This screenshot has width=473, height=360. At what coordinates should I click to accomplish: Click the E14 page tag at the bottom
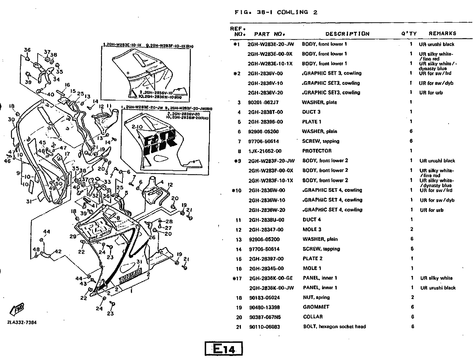pos(224,349)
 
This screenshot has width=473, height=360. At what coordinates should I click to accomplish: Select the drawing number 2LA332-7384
pos(22,322)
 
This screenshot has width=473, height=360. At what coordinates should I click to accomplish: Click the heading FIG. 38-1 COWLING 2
pos(276,12)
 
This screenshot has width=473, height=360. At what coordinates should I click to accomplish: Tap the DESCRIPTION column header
pos(347,34)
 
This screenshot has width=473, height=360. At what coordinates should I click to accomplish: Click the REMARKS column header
pos(442,33)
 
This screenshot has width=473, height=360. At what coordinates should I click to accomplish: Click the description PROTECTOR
pos(317,151)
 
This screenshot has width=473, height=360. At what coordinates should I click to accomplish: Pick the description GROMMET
pos(316,307)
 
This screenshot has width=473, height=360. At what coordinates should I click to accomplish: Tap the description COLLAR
pos(313,317)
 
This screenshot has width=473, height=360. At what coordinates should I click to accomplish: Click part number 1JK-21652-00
pos(265,151)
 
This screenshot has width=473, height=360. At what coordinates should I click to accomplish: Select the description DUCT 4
pos(312,220)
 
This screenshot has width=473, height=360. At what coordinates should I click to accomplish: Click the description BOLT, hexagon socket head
pos(334,327)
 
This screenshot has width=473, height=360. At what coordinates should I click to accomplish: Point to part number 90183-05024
pos(264,298)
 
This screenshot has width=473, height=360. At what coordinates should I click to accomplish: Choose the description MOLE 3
pos(312,230)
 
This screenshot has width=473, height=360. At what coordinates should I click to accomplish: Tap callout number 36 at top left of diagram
pos(27,50)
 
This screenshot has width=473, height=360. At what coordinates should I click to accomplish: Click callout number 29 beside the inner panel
pos(73,236)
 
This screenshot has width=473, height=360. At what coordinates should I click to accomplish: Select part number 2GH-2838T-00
pos(265,112)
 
